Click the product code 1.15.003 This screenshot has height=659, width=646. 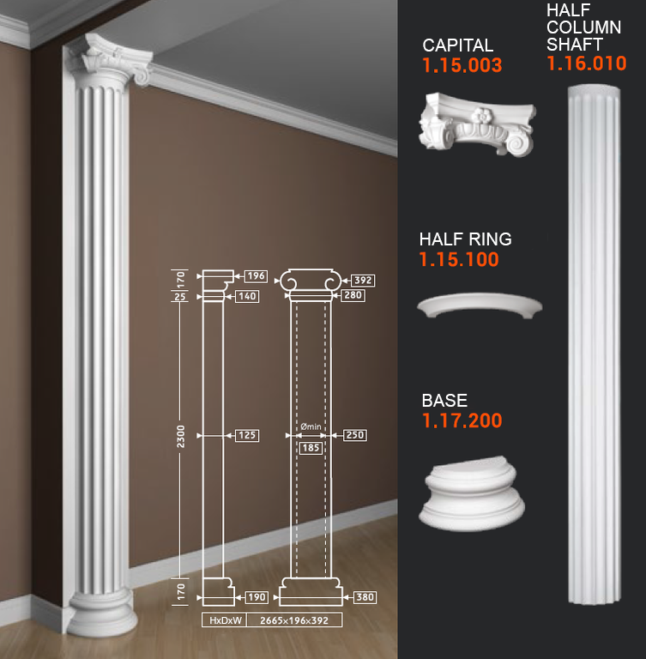(462, 65)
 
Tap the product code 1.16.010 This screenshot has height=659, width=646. (586, 63)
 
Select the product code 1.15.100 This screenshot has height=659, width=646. (459, 259)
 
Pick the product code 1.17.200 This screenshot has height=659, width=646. (462, 420)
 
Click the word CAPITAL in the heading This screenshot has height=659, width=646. (458, 45)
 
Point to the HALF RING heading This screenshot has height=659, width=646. (465, 239)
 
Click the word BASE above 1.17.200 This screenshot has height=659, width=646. (444, 401)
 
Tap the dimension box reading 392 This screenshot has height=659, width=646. (363, 281)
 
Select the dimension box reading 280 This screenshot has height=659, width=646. (353, 295)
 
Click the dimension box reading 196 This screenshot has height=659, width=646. (256, 276)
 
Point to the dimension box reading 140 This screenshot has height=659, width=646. (247, 296)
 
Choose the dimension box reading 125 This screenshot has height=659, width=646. (247, 435)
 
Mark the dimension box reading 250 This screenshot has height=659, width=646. (355, 435)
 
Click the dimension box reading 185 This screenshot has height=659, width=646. (311, 448)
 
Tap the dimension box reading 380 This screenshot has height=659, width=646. (365, 597)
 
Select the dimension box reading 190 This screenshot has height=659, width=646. (257, 597)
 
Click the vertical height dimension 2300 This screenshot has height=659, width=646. (181, 436)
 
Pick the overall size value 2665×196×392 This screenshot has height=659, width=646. (294, 620)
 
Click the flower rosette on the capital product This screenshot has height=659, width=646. (481, 115)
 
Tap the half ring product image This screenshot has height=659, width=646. (480, 305)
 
